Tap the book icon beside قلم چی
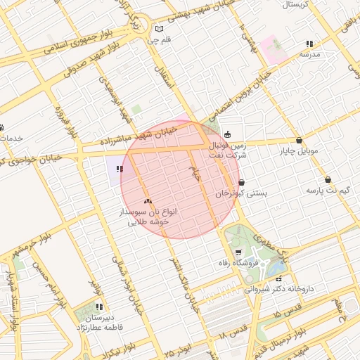point(159,29)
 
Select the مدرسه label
point(309,54)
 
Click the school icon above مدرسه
point(310,44)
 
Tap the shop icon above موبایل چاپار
point(300,140)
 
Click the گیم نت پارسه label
point(328,191)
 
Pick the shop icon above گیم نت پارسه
point(328,179)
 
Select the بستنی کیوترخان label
point(241,193)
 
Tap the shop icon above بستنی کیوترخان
point(242,182)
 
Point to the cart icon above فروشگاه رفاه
point(238,252)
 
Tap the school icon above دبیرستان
point(99,307)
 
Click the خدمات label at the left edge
point(10,138)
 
